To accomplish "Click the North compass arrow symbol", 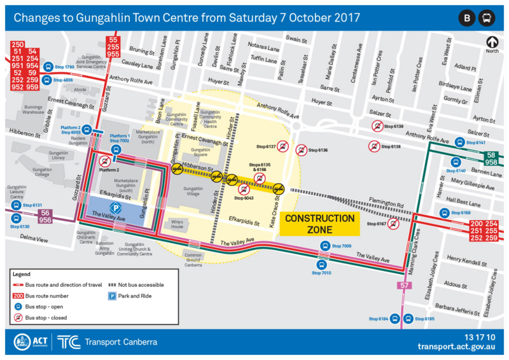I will (x=491, y=43).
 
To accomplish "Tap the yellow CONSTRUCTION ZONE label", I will (x=319, y=223).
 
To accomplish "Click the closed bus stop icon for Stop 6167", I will (x=395, y=223).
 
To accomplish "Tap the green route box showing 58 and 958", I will (x=491, y=159).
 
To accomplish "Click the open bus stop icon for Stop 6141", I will (x=459, y=142).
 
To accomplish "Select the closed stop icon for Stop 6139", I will (x=377, y=127).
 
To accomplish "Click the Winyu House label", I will (x=177, y=224).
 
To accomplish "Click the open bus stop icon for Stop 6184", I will (x=395, y=319).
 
